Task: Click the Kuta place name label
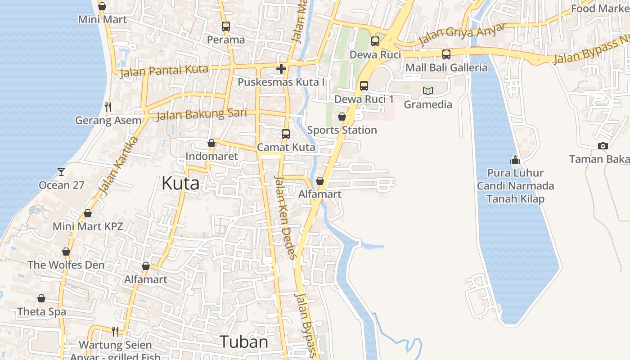pyautogui.click(x=180, y=184)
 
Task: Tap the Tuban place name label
pyautogui.click(x=244, y=342)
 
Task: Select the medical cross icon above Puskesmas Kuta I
pyautogui.click(x=281, y=69)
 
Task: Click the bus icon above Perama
pyautogui.click(x=226, y=27)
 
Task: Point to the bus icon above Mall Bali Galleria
pyautogui.click(x=446, y=54)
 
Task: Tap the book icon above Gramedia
pyautogui.click(x=427, y=91)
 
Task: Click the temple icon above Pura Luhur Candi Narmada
pyautogui.click(x=515, y=159)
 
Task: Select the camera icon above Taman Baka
pyautogui.click(x=603, y=146)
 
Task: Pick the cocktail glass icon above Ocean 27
pyautogui.click(x=61, y=171)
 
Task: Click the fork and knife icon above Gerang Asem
pyautogui.click(x=108, y=107)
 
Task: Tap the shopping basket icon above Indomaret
pyautogui.click(x=211, y=143)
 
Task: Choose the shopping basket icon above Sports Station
pyautogui.click(x=342, y=117)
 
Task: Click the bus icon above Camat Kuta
pyautogui.click(x=286, y=134)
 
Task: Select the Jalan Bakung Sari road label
pyautogui.click(x=202, y=114)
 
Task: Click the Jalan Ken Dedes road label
pyautogui.click(x=285, y=217)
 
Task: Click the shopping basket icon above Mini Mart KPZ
pyautogui.click(x=88, y=213)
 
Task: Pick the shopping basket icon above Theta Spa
pyautogui.click(x=41, y=298)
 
